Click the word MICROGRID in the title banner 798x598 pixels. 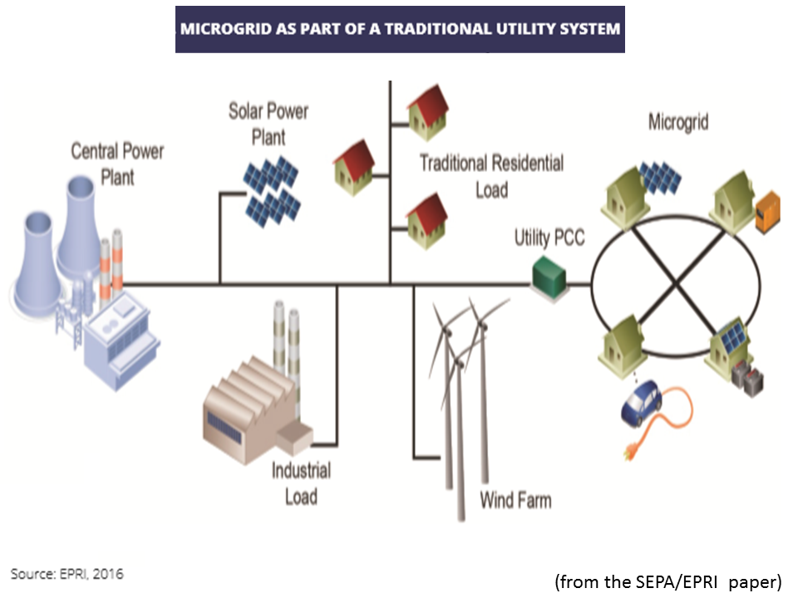[220, 28]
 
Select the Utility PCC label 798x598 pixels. [549, 238]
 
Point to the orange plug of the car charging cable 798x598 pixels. [624, 453]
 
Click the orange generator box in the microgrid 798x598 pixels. [768, 213]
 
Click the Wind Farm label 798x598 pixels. [515, 500]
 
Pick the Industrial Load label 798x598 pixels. [301, 483]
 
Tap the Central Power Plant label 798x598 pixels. [117, 164]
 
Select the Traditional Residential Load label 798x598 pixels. [491, 175]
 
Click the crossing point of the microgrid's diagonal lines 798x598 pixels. [674, 285]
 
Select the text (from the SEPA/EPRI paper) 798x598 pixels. [667, 581]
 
